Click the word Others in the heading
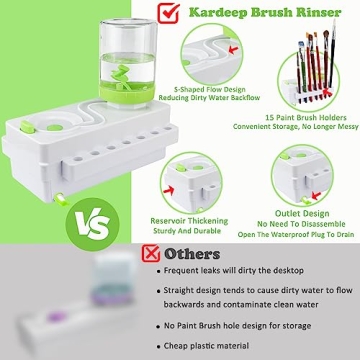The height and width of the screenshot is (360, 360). [x=193, y=254]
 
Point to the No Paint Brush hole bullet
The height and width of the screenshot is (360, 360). [x=240, y=326]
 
